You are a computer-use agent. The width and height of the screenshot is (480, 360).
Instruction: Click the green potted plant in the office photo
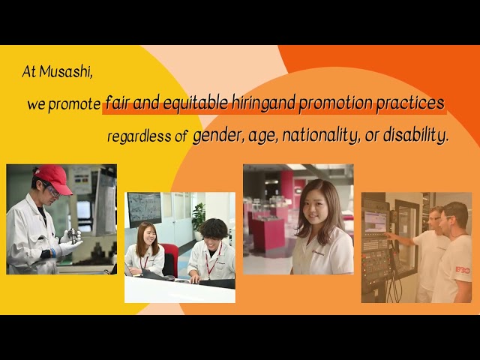pyautogui.click(x=198, y=217)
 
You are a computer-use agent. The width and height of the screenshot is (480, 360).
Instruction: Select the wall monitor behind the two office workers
pyautogui.click(x=144, y=208)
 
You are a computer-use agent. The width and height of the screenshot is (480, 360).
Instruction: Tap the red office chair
pyautogui.click(x=171, y=259)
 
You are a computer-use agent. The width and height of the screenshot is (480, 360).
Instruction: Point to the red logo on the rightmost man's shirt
pyautogui.click(x=462, y=269)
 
